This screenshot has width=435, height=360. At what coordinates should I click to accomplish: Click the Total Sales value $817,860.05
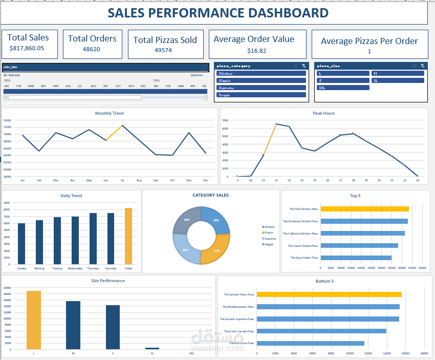click(27, 49)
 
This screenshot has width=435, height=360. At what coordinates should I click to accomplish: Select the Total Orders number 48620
click(92, 50)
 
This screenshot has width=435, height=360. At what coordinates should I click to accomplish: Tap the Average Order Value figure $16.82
click(256, 51)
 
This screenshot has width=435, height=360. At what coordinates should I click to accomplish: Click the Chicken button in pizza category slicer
click(261, 73)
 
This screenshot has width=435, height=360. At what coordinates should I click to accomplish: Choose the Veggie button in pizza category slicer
click(261, 95)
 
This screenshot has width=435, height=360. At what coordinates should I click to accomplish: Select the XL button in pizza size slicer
click(398, 80)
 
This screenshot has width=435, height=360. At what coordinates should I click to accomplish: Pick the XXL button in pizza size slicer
click(342, 88)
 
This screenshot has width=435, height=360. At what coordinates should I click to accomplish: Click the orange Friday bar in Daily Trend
click(128, 236)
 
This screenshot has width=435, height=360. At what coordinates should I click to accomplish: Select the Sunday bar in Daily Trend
click(21, 244)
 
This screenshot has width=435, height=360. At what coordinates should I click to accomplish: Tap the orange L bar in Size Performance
click(34, 320)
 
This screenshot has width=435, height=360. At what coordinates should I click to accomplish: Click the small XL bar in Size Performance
click(152, 348)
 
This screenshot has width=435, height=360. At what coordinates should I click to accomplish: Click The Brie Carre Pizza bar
click(310, 343)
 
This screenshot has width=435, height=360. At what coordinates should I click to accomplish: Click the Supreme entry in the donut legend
click(270, 239)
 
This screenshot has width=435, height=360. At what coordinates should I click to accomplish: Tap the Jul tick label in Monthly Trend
click(122, 180)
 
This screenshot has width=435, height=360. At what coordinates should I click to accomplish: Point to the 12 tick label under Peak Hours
click(276, 180)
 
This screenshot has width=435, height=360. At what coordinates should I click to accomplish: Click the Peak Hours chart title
click(323, 113)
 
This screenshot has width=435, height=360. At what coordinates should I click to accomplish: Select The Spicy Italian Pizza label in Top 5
click(304, 258)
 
